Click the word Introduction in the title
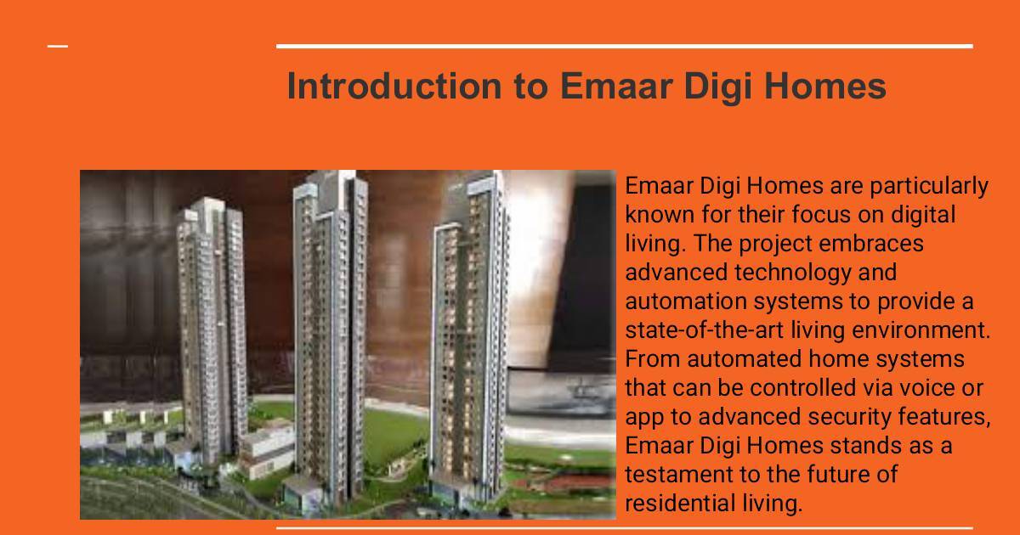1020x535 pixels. (x=394, y=86)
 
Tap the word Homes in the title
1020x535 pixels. (x=824, y=86)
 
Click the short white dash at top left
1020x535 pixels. (x=58, y=46)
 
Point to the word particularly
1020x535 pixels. (x=929, y=188)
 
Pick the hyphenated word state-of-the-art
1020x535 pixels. (x=705, y=330)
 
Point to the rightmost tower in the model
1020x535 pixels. (x=469, y=341)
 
